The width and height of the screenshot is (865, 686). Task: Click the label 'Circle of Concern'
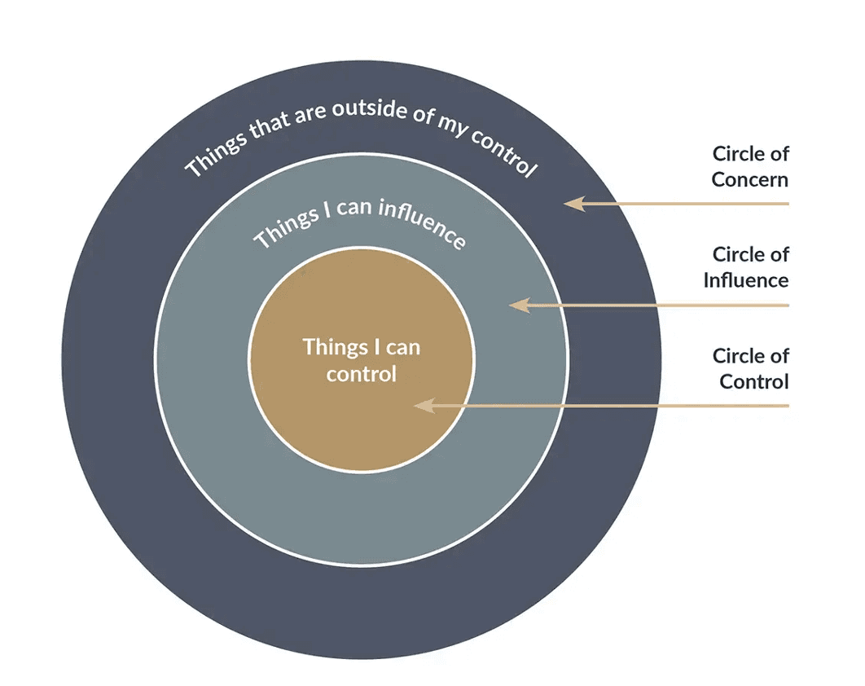[750, 166]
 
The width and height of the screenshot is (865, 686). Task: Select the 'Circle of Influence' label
[746, 267]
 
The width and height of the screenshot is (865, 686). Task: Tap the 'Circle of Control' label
[750, 368]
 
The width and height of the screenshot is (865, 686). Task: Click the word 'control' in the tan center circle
[361, 374]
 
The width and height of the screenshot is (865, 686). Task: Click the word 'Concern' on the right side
[750, 178]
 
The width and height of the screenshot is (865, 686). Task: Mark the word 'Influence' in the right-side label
[746, 280]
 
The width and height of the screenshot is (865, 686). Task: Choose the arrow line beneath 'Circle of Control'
[619, 405]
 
